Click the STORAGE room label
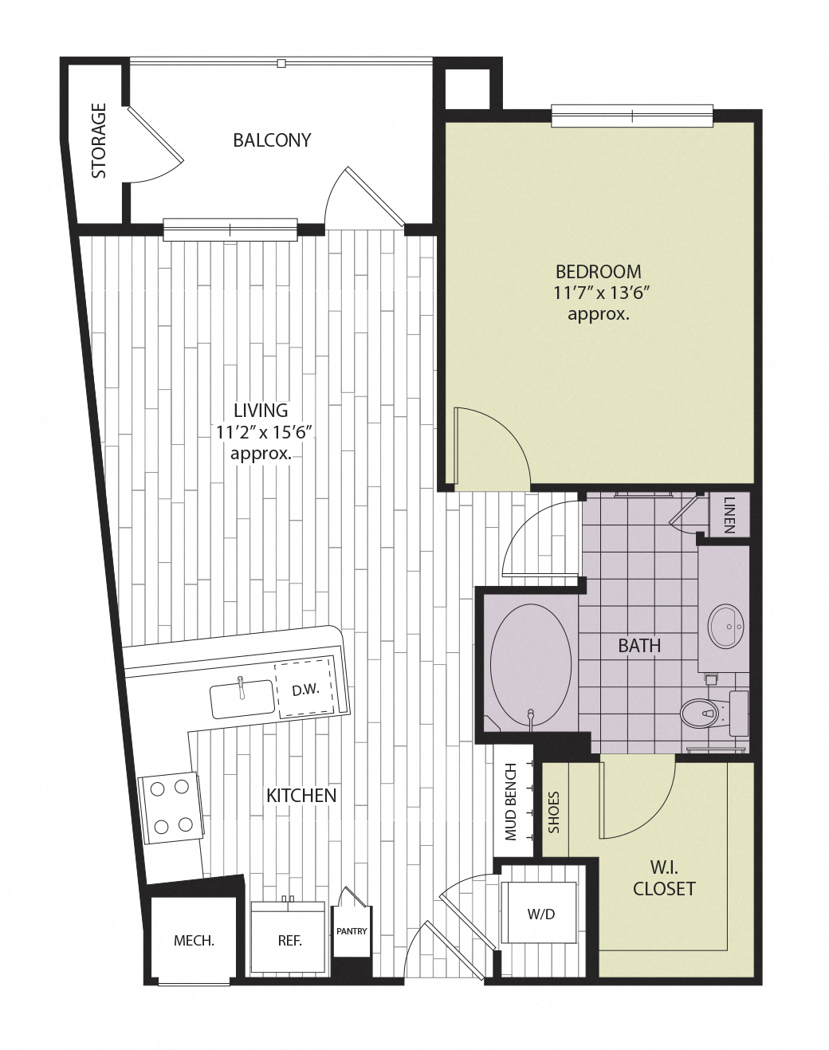coord(99,140)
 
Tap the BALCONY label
coord(272,140)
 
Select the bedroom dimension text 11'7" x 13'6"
coord(598,293)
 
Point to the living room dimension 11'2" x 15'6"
coord(263,433)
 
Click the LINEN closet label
coord(729,516)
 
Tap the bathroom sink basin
coord(725,626)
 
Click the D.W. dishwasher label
coord(305,690)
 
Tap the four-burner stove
coord(169,807)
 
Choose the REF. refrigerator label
coord(289,941)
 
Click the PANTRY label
coord(352,930)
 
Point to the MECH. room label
coord(194,941)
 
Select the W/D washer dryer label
coord(540,914)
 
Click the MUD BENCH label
coord(512,802)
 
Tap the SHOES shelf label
coord(554,812)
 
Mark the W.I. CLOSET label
coord(664,877)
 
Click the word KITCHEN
coord(301,795)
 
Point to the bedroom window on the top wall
coord(632,116)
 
